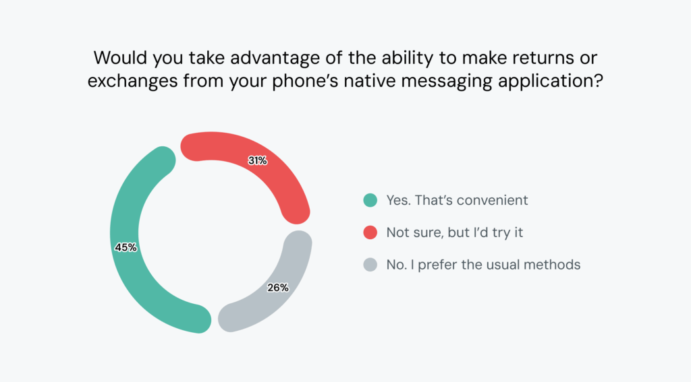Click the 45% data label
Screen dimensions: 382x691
point(126,247)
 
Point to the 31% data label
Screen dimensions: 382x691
point(257,161)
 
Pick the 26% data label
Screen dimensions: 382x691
point(277,288)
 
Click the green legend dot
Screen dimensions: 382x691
point(370,200)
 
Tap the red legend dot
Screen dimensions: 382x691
point(370,232)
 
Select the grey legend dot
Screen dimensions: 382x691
point(370,265)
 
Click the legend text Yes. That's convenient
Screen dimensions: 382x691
point(457,200)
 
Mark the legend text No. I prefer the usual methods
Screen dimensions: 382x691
point(483,265)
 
